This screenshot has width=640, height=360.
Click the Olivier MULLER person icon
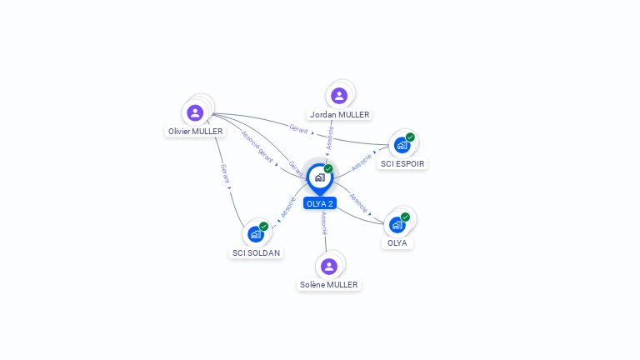pos(195,112)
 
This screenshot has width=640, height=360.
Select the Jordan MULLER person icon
pos(338,96)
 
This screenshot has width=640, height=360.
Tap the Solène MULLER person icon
pos(328,267)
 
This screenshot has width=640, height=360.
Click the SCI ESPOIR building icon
pos(402,145)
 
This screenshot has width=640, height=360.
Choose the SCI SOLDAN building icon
pos(255,234)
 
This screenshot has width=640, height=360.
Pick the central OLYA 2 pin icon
pos(319,177)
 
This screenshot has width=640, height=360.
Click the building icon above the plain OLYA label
pos(397,224)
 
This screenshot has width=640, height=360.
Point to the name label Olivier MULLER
pos(196,132)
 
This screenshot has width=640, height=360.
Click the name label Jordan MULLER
pos(339,114)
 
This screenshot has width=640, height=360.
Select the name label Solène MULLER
pos(328,285)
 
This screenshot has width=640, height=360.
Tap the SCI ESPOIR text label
pos(403,164)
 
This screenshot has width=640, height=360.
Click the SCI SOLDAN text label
pos(257,252)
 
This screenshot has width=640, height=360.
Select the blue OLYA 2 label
pos(320,203)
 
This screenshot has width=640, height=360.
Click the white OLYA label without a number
pos(397,243)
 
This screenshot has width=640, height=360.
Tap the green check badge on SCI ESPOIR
pos(410,137)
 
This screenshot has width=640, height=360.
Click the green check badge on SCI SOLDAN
pos(263,226)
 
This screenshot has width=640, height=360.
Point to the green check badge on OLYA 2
pos(328,169)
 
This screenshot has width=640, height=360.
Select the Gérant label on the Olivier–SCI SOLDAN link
pos(225,173)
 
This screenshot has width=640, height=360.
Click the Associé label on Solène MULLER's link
pos(323,222)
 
